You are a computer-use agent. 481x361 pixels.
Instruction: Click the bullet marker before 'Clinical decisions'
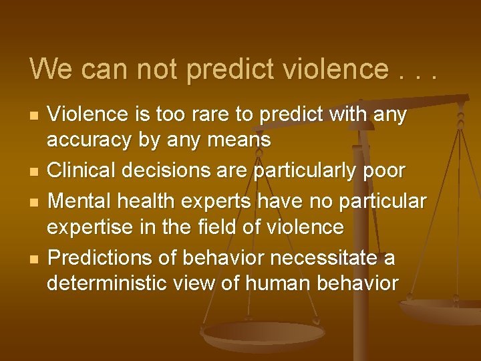tap(32, 171)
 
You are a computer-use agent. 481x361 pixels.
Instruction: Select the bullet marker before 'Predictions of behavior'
tap(32, 258)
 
